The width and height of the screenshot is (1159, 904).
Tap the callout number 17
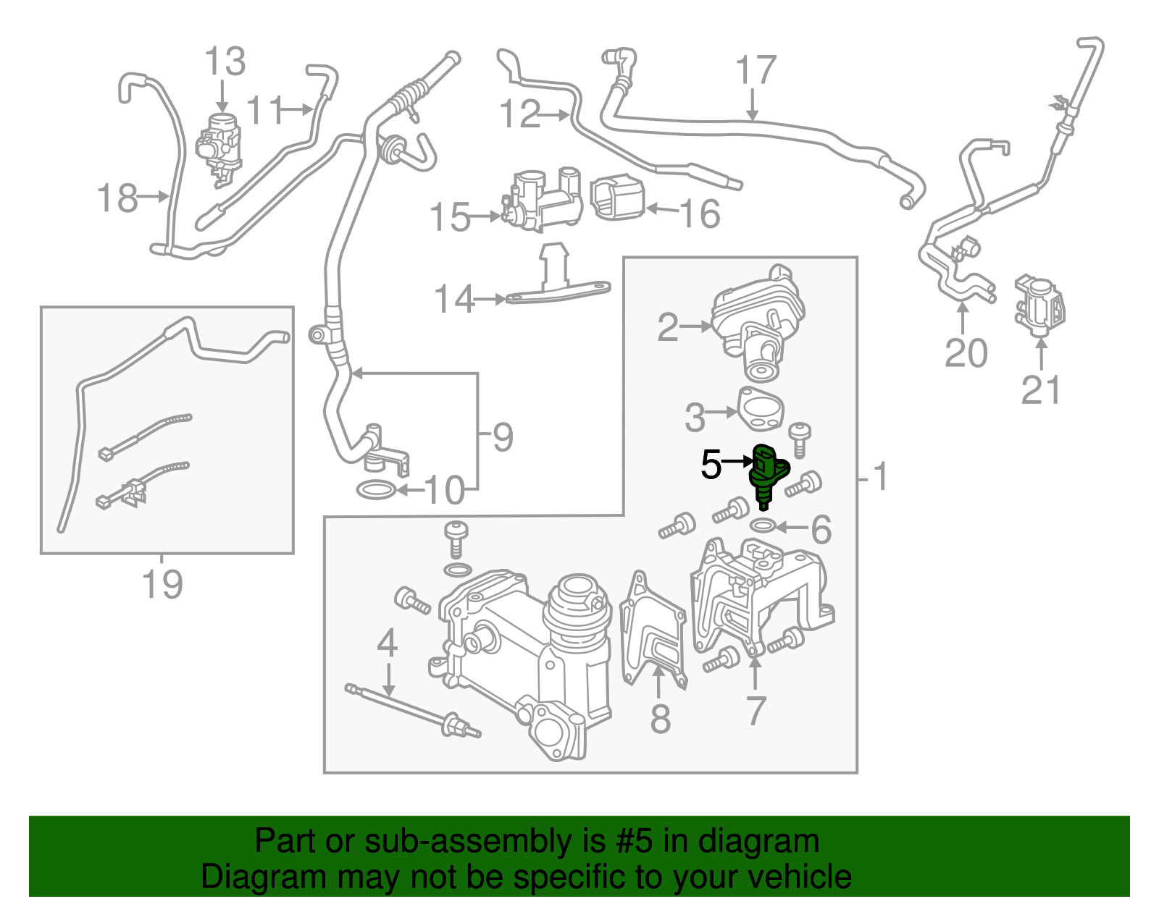[x=755, y=71]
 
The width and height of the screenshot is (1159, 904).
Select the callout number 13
[x=225, y=62]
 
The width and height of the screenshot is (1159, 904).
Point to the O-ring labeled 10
[x=376, y=491]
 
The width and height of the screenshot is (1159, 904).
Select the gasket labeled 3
[x=761, y=407]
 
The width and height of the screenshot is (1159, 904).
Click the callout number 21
[x=1040, y=391]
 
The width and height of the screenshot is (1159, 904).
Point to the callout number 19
[x=162, y=583]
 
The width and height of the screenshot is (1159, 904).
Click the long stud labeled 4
[x=413, y=712]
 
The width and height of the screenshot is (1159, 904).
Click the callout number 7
[x=756, y=711]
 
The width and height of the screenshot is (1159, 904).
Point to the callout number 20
[x=966, y=353]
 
